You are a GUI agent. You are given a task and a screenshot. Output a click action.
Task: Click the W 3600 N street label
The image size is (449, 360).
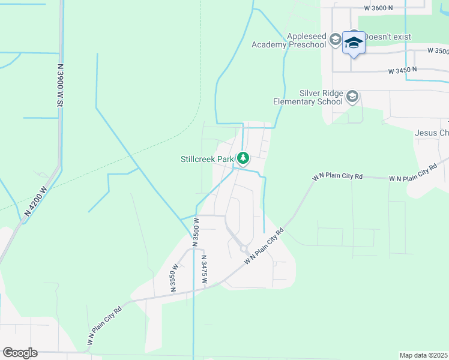[x=378, y=8]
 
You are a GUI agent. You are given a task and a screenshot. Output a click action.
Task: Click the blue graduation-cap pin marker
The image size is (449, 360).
[x=354, y=43]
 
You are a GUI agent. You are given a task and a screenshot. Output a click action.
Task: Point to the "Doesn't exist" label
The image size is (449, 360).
[x=389, y=37]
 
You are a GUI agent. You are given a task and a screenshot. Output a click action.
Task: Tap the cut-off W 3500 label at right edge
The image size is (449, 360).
[x=438, y=51]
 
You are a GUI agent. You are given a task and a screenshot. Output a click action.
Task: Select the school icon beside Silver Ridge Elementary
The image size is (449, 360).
[x=352, y=97]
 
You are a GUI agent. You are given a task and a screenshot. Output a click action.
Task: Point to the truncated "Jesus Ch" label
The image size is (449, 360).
[x=431, y=133]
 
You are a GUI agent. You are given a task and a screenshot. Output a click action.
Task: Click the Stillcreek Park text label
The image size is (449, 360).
[x=207, y=159]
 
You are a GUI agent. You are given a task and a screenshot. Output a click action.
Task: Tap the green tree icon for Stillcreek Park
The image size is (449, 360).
[x=243, y=158]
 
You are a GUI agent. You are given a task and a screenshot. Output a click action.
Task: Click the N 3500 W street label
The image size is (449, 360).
[x=196, y=232]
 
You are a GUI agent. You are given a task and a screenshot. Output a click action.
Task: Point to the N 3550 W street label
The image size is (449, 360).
[x=175, y=277]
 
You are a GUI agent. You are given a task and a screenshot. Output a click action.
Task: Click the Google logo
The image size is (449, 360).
[x=20, y=353]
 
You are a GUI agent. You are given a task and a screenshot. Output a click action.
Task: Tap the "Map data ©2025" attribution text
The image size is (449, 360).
[x=423, y=355]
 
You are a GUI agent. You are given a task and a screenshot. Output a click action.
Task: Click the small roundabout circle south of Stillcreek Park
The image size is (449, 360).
[x=244, y=248]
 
